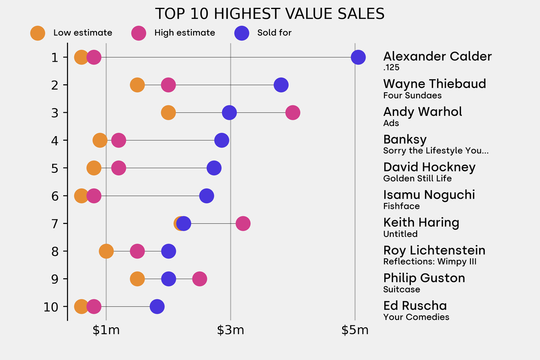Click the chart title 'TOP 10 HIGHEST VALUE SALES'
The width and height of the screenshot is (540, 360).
coord(269,14)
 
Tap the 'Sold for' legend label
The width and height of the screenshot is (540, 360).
coord(274,33)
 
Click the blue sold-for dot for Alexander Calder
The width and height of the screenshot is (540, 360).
coord(358,57)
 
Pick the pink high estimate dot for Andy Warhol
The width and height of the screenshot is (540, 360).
coord(293,112)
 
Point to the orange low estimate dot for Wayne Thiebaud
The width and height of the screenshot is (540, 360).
coord(137,85)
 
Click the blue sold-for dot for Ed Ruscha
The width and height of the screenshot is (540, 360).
coord(157,306)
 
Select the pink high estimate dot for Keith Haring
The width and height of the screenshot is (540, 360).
coord(243,223)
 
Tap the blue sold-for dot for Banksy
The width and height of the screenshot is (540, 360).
coord(221,140)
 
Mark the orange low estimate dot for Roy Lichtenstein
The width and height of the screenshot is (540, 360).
coord(106,251)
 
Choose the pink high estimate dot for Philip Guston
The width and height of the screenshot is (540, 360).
coord(199,279)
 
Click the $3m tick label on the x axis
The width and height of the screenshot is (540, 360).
coord(230,330)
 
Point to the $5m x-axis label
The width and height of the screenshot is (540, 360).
coord(355,330)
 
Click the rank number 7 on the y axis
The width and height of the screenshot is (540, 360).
coord(55,223)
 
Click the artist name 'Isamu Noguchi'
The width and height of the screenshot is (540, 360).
coord(429,195)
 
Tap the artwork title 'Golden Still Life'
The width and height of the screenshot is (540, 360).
coord(417,178)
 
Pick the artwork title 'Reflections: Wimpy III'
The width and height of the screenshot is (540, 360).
coord(430,261)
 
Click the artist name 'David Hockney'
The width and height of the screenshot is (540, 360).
coord(429,167)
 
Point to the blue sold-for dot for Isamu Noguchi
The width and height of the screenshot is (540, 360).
coord(207,196)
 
